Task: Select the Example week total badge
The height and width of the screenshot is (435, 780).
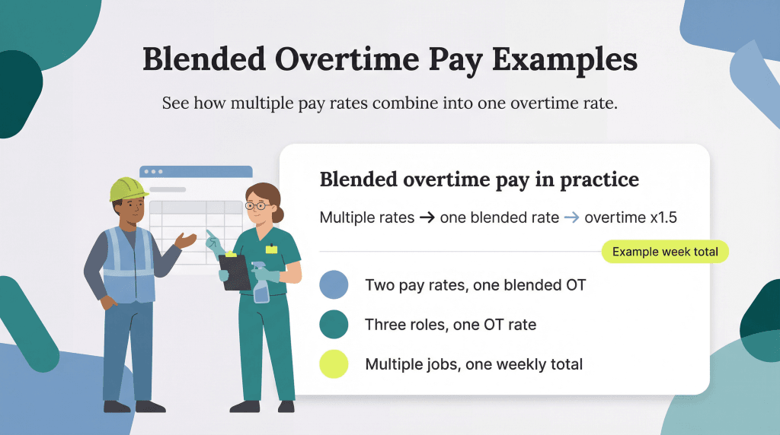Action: coord(664,252)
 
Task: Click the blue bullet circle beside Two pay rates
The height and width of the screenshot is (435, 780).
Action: coord(334,285)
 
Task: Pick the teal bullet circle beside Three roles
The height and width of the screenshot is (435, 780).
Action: coord(334,325)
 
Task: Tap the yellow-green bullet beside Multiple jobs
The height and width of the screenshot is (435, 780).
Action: coord(334,364)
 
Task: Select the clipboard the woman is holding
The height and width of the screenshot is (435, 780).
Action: coord(234,271)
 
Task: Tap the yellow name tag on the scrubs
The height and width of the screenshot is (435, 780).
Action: coord(272,249)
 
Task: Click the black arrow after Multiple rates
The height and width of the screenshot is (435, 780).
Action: coord(427,217)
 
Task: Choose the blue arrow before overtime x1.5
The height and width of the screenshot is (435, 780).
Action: coord(571,217)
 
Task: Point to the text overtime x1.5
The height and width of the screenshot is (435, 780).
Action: coord(631,217)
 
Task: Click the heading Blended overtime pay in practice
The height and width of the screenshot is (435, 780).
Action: coord(479,179)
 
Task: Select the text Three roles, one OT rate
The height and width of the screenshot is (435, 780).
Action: coord(450,325)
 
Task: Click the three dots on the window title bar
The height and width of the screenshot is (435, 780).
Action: coord(155,172)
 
